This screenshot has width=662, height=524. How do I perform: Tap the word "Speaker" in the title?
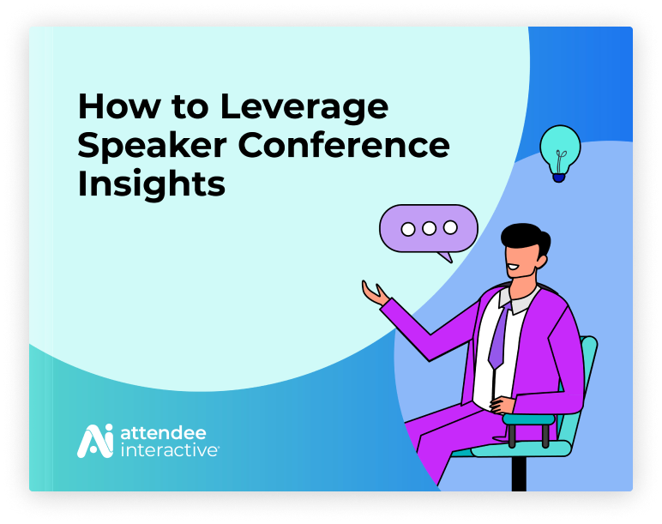(x=153, y=147)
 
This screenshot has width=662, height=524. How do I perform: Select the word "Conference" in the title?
(x=344, y=145)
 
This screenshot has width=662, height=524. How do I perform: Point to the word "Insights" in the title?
(x=151, y=184)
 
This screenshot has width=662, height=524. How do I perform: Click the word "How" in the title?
(x=119, y=106)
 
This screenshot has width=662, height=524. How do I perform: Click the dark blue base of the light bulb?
(x=558, y=178)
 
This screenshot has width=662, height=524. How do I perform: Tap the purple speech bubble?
(x=429, y=231)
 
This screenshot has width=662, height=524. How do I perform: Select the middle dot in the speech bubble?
(x=429, y=228)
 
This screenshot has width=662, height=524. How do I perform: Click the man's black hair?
(x=525, y=238)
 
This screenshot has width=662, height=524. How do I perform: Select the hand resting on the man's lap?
(x=503, y=405)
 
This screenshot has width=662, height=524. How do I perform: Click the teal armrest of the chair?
(x=528, y=419)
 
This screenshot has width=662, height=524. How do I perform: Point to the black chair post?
(x=519, y=473)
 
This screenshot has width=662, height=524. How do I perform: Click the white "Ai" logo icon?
(x=95, y=441)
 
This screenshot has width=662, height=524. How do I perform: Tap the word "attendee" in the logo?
(x=164, y=433)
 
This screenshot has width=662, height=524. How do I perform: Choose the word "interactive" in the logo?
(x=169, y=449)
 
